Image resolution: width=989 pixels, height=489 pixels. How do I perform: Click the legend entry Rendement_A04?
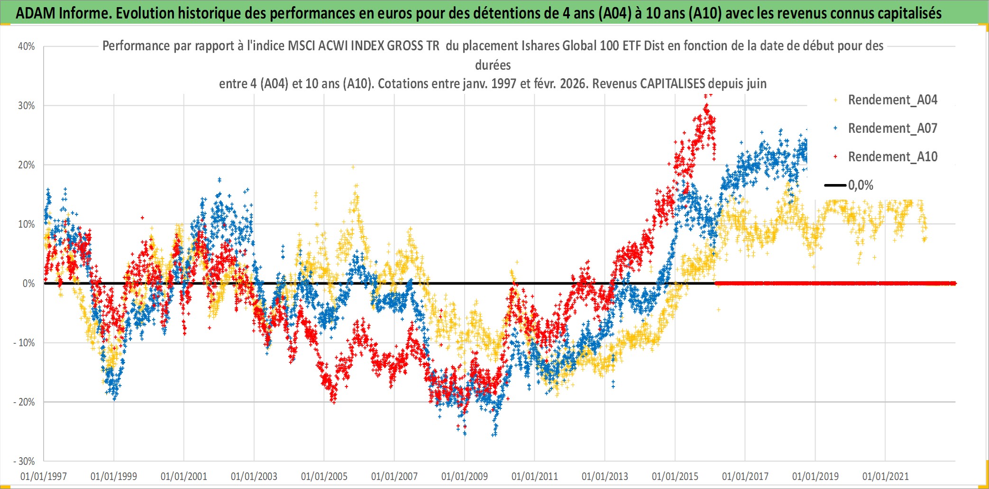pos(892,100)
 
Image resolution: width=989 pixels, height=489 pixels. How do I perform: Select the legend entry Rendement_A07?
pos(892,129)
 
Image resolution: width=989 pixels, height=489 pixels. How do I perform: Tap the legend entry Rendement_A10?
pos(892,157)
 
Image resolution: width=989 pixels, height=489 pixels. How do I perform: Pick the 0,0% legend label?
pos(861,185)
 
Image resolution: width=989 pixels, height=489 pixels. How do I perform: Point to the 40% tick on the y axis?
pos(27,46)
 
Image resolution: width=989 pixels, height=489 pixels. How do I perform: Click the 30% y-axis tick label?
pos(27,106)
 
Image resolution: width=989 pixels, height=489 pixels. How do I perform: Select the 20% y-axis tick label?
pos(27,165)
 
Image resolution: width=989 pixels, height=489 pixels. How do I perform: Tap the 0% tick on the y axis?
pos(28,284)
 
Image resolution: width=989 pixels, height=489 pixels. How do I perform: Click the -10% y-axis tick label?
pos(24,343)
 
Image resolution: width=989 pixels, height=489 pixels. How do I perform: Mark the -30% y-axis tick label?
pos(24,461)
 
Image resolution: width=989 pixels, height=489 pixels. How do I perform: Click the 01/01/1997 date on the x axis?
pos(44,476)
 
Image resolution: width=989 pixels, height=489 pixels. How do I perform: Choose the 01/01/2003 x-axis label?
pos(254,476)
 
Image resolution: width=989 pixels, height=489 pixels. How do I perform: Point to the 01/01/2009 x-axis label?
pos(465,476)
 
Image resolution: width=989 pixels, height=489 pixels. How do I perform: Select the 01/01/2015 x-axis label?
pos(675,476)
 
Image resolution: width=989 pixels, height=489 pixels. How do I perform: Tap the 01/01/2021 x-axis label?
pos(886,476)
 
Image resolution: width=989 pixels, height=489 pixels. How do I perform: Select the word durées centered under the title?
pos(493,65)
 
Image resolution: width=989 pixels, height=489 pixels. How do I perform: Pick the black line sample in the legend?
pos(835,185)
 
